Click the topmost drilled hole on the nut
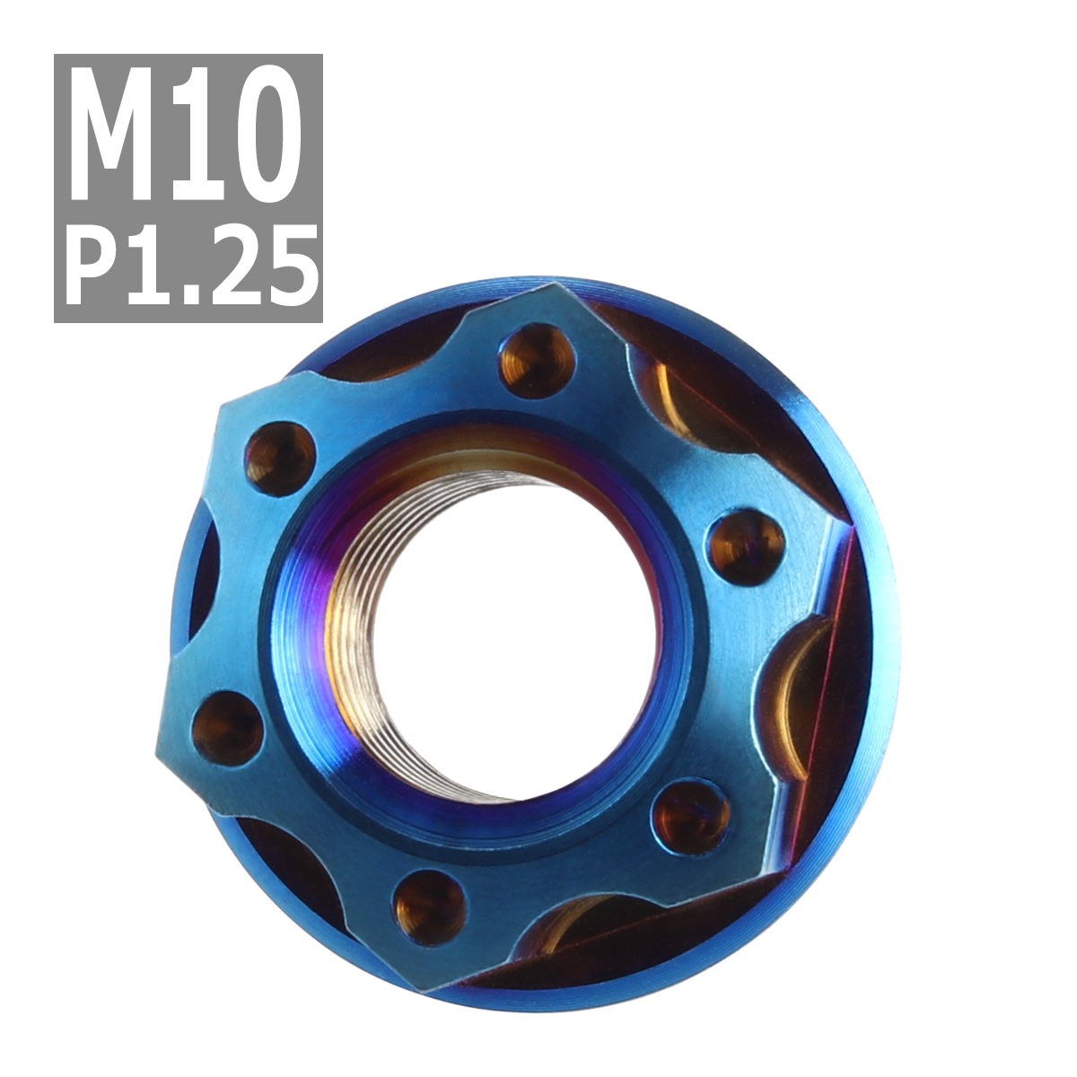535,360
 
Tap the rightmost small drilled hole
745,546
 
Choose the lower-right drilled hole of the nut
692,815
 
